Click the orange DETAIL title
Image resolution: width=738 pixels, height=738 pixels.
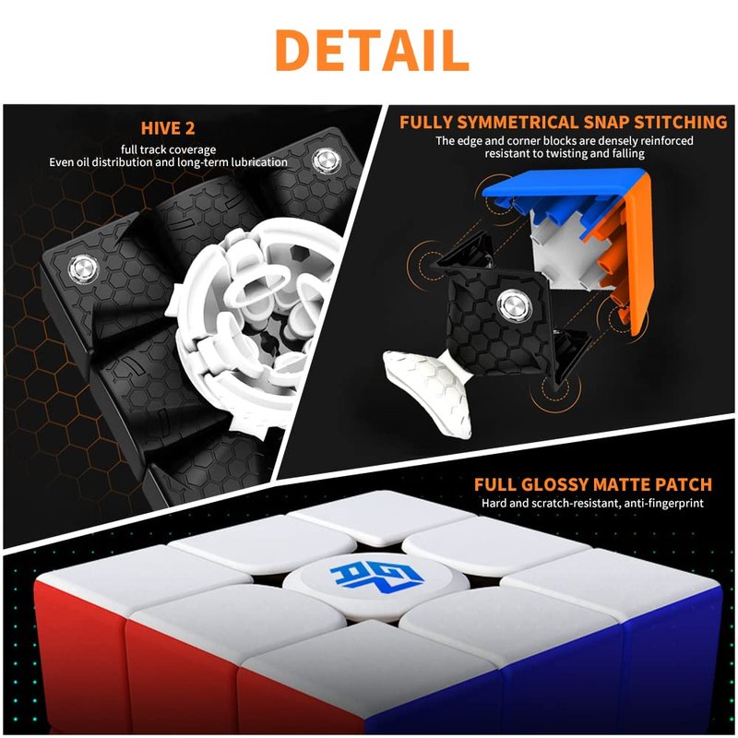(372, 50)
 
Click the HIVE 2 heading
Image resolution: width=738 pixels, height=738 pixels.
(168, 128)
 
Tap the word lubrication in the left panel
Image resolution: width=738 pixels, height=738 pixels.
(259, 162)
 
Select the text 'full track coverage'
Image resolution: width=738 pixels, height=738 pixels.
(168, 149)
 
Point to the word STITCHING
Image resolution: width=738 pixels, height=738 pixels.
(680, 123)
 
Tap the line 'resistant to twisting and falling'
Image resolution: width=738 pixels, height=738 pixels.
(565, 153)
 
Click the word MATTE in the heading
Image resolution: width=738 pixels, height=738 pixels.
(621, 485)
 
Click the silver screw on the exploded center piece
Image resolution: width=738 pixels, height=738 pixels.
(514, 305)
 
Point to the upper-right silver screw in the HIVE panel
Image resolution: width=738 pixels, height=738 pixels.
(326, 161)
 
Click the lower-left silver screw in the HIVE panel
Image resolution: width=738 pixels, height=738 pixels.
(83, 269)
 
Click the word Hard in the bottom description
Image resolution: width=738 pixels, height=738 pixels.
(494, 503)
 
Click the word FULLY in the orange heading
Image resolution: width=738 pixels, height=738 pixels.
(426, 123)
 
